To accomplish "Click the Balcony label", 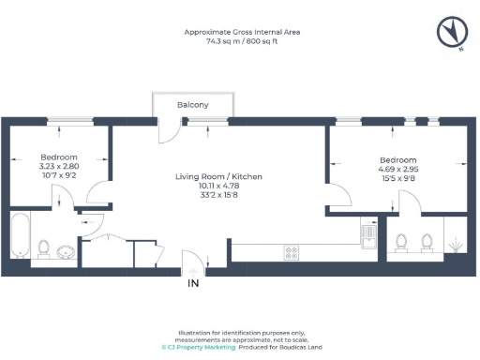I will pos(193,105).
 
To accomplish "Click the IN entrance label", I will pos(194,282).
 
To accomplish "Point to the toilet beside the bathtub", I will pos(43,248).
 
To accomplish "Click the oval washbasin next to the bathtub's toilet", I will pos(66,251).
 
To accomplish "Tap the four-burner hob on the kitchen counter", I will pos(292,251).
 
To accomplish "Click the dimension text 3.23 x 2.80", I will pos(58,166).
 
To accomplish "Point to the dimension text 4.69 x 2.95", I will pos(397,170).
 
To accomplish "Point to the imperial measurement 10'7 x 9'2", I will pos(58,175).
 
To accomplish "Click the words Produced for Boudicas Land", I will pos(280,347).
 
